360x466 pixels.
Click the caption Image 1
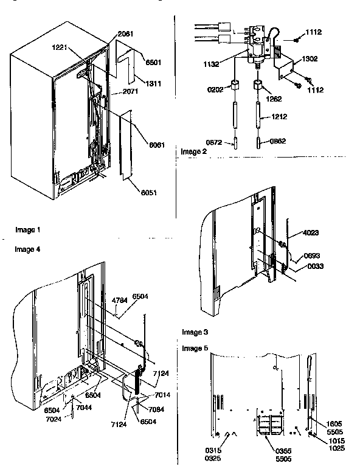pos(27,230)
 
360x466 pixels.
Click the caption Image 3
pos(195,332)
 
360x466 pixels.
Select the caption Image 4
pos(27,249)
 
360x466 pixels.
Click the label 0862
pos(279,141)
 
